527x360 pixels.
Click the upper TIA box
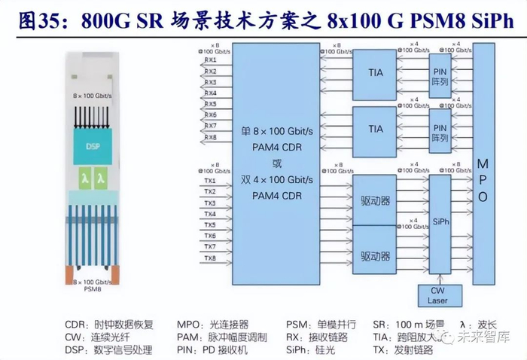(x=376, y=73)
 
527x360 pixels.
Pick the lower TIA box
(x=376, y=129)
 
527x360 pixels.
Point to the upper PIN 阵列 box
(x=441, y=73)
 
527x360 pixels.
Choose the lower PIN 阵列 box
(x=441, y=129)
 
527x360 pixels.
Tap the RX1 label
(x=210, y=59)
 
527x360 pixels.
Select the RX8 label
(x=210, y=137)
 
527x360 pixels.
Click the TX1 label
(x=210, y=181)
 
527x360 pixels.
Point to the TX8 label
(x=210, y=258)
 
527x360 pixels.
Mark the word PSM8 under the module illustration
(x=92, y=288)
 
